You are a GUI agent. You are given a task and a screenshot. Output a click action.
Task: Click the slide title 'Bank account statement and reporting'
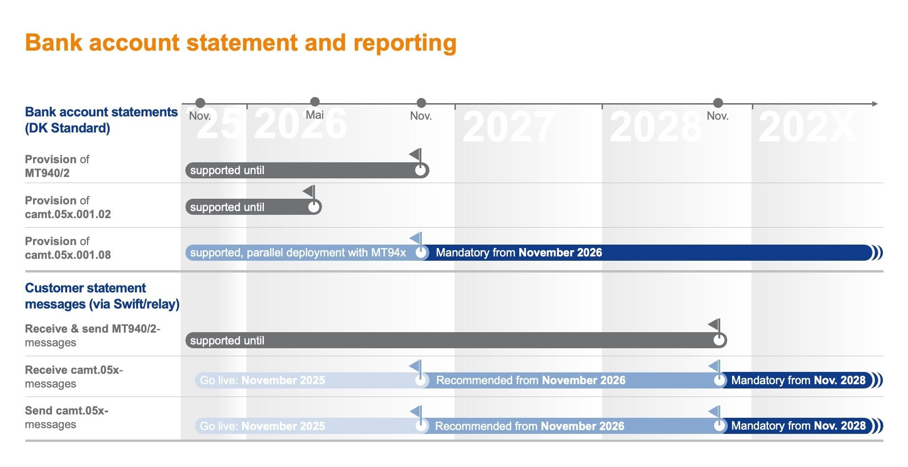[240, 43]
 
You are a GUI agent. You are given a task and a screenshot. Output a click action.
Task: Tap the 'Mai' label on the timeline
[314, 115]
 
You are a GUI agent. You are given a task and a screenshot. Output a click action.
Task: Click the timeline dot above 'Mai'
[315, 102]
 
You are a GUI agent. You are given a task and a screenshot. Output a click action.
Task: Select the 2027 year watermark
[508, 126]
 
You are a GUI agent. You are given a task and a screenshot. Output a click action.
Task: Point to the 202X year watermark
[807, 126]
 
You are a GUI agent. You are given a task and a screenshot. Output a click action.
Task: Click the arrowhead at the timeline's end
[874, 104]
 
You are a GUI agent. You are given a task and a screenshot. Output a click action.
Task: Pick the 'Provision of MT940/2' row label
[57, 166]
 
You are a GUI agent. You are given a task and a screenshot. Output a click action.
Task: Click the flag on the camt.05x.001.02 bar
[309, 192]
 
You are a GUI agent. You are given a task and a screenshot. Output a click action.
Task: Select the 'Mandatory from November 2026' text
[519, 253]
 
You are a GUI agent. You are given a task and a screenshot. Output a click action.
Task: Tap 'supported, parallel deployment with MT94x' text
[298, 253]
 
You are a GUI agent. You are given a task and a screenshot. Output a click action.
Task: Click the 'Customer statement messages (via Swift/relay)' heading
[102, 296]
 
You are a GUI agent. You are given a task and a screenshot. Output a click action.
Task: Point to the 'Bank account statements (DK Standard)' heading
[101, 120]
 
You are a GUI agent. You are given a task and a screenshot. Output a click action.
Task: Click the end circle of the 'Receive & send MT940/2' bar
[719, 340]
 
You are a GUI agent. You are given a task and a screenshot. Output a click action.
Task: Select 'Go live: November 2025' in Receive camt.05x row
[262, 380]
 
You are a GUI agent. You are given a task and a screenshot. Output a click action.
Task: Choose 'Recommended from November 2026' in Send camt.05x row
[529, 426]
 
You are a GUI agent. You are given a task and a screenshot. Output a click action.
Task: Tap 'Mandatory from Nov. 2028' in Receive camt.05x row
[798, 380]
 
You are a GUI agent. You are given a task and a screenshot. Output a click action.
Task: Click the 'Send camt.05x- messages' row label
[66, 417]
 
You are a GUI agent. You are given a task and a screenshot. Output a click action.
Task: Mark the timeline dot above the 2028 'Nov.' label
[718, 103]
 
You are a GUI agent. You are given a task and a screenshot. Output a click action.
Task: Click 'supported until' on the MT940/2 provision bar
[227, 170]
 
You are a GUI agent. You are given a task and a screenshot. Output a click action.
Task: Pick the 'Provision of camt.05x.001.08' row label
[68, 248]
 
